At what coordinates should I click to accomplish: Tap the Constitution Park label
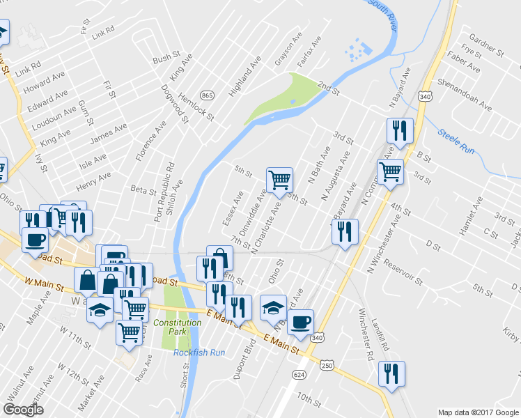178,327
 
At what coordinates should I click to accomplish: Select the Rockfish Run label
199,353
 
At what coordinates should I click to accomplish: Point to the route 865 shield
206,95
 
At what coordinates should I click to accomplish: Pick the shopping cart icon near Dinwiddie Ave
279,180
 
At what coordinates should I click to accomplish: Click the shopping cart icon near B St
391,171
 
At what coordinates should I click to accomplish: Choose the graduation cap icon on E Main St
273,307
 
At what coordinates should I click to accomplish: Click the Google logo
23,409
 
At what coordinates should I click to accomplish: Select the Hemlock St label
195,104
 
